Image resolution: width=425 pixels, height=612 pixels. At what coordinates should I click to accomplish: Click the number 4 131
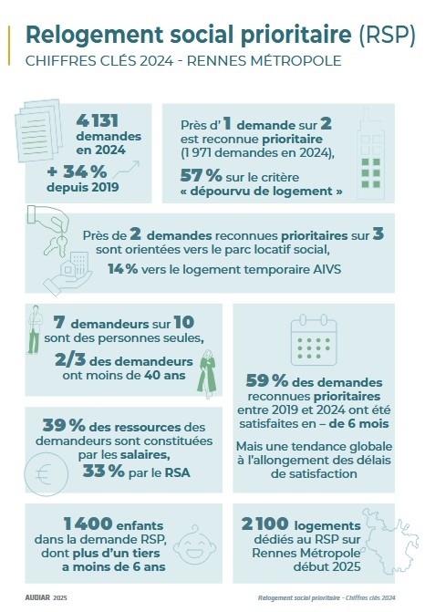98,120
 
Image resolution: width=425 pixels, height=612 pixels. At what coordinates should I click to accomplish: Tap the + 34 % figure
77,171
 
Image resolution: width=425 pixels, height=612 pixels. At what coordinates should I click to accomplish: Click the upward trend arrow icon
126,170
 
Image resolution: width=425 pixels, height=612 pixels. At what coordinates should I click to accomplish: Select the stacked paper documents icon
38,130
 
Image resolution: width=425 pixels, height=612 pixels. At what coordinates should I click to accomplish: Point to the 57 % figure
201,176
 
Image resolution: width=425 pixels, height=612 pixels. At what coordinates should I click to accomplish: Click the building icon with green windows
370,153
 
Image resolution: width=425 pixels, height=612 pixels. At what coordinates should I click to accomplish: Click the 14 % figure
122,268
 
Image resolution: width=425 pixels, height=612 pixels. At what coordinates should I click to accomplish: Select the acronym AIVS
327,269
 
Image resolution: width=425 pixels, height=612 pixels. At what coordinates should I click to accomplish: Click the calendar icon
314,339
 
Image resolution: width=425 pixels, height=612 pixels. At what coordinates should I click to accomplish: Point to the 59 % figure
267,380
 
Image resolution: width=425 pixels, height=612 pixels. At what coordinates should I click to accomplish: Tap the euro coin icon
46,474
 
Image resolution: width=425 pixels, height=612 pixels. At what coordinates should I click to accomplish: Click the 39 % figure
64,425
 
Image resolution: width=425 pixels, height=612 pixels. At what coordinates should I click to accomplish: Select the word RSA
178,472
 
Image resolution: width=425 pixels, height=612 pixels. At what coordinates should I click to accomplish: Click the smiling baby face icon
194,545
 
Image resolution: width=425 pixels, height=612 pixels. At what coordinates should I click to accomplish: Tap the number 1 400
88,524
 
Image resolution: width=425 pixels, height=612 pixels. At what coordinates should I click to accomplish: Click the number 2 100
265,524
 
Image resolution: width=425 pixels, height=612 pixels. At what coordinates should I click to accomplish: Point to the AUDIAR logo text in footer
37,597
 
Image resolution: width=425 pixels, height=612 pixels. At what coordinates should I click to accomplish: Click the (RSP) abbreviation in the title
387,35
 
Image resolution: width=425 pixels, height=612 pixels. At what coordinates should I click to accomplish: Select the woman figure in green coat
207,374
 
